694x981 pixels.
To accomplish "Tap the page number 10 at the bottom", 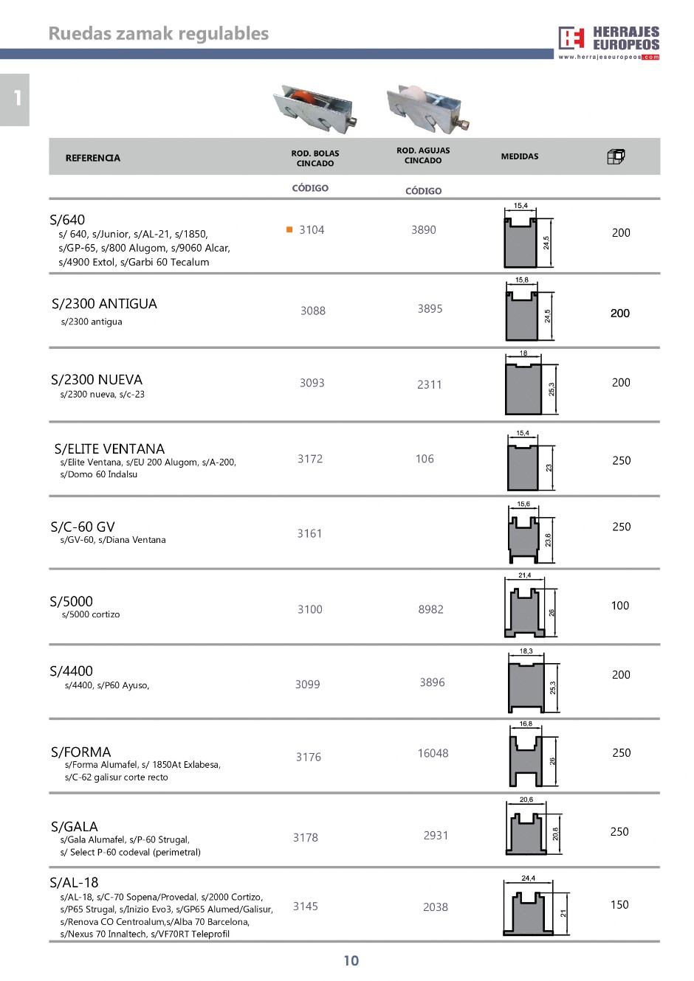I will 351,960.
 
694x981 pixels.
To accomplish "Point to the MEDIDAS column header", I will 520,156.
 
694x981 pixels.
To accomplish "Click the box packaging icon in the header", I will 616,156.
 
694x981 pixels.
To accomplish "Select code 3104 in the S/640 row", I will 312,230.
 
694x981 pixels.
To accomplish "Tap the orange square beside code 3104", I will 289,229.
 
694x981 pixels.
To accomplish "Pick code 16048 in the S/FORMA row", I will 433,753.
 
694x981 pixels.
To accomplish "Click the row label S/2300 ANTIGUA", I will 104,304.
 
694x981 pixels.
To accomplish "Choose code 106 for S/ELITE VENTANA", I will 425,459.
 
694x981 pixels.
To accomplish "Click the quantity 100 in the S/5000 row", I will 620,606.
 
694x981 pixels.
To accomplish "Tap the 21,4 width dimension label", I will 524,575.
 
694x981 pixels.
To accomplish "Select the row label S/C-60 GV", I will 83,527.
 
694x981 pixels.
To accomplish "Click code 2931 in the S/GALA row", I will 436,835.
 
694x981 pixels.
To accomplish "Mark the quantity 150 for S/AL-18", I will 619,904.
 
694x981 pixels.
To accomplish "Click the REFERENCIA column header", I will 92,158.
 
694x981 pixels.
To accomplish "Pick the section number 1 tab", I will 16,99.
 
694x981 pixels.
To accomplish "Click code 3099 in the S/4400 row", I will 308,684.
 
